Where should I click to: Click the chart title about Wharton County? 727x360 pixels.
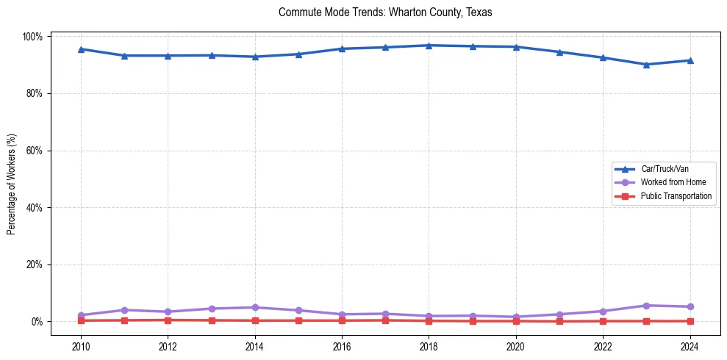(x=385, y=12)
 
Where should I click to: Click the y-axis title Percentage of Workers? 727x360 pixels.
(x=11, y=179)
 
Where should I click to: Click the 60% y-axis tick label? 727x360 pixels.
(x=34, y=151)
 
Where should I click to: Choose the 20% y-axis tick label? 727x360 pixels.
(x=34, y=264)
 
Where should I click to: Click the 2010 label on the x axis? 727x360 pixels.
(x=81, y=348)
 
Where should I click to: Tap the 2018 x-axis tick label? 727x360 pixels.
(x=429, y=348)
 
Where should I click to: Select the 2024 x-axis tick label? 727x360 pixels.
(x=690, y=348)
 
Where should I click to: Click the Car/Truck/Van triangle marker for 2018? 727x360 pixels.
(x=429, y=46)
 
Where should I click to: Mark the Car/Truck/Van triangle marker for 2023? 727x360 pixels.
(x=646, y=65)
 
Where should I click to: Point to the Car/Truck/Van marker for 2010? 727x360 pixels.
(x=81, y=49)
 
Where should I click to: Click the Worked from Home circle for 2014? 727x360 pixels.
(x=255, y=307)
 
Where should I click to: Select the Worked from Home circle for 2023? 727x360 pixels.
(x=646, y=306)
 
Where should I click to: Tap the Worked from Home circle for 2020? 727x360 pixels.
(x=515, y=317)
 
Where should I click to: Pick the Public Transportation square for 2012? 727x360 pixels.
(x=168, y=320)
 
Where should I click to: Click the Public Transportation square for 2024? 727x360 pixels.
(x=690, y=321)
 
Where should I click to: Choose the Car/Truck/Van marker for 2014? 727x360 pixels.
(x=255, y=57)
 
